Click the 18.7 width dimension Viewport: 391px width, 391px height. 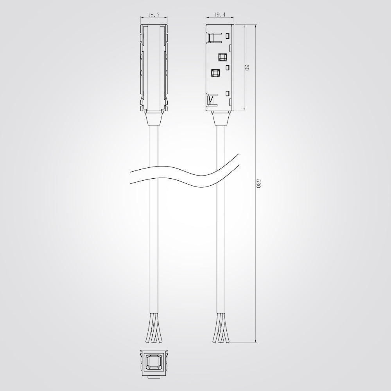[154, 15]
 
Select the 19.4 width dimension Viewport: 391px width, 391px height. [220, 15]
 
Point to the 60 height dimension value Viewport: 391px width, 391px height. [247, 68]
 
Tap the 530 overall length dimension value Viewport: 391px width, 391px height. [258, 183]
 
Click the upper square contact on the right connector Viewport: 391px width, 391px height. [222, 57]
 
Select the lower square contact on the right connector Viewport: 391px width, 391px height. [215, 73]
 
